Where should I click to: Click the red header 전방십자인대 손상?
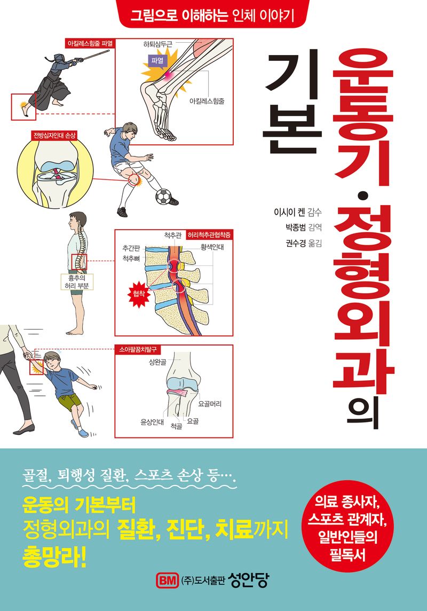coord(48,135)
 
